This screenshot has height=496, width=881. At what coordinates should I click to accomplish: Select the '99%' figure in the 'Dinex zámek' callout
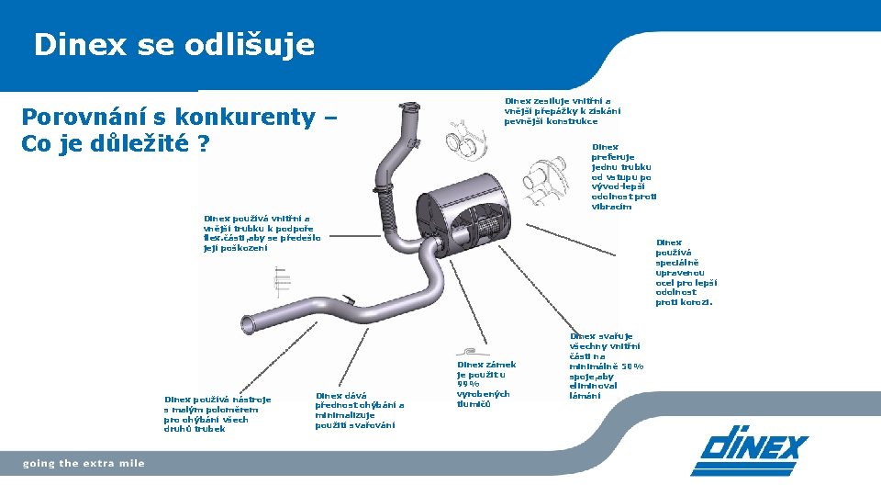coord(470,384)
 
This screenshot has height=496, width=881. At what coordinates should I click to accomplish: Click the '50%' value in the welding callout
coord(630,366)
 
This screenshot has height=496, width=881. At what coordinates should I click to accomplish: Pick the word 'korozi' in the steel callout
coord(697,302)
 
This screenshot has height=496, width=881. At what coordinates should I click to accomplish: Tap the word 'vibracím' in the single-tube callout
coord(611,207)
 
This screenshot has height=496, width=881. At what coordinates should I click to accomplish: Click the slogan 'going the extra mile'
coord(84,464)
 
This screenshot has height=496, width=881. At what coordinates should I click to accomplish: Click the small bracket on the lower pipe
coord(350,299)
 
